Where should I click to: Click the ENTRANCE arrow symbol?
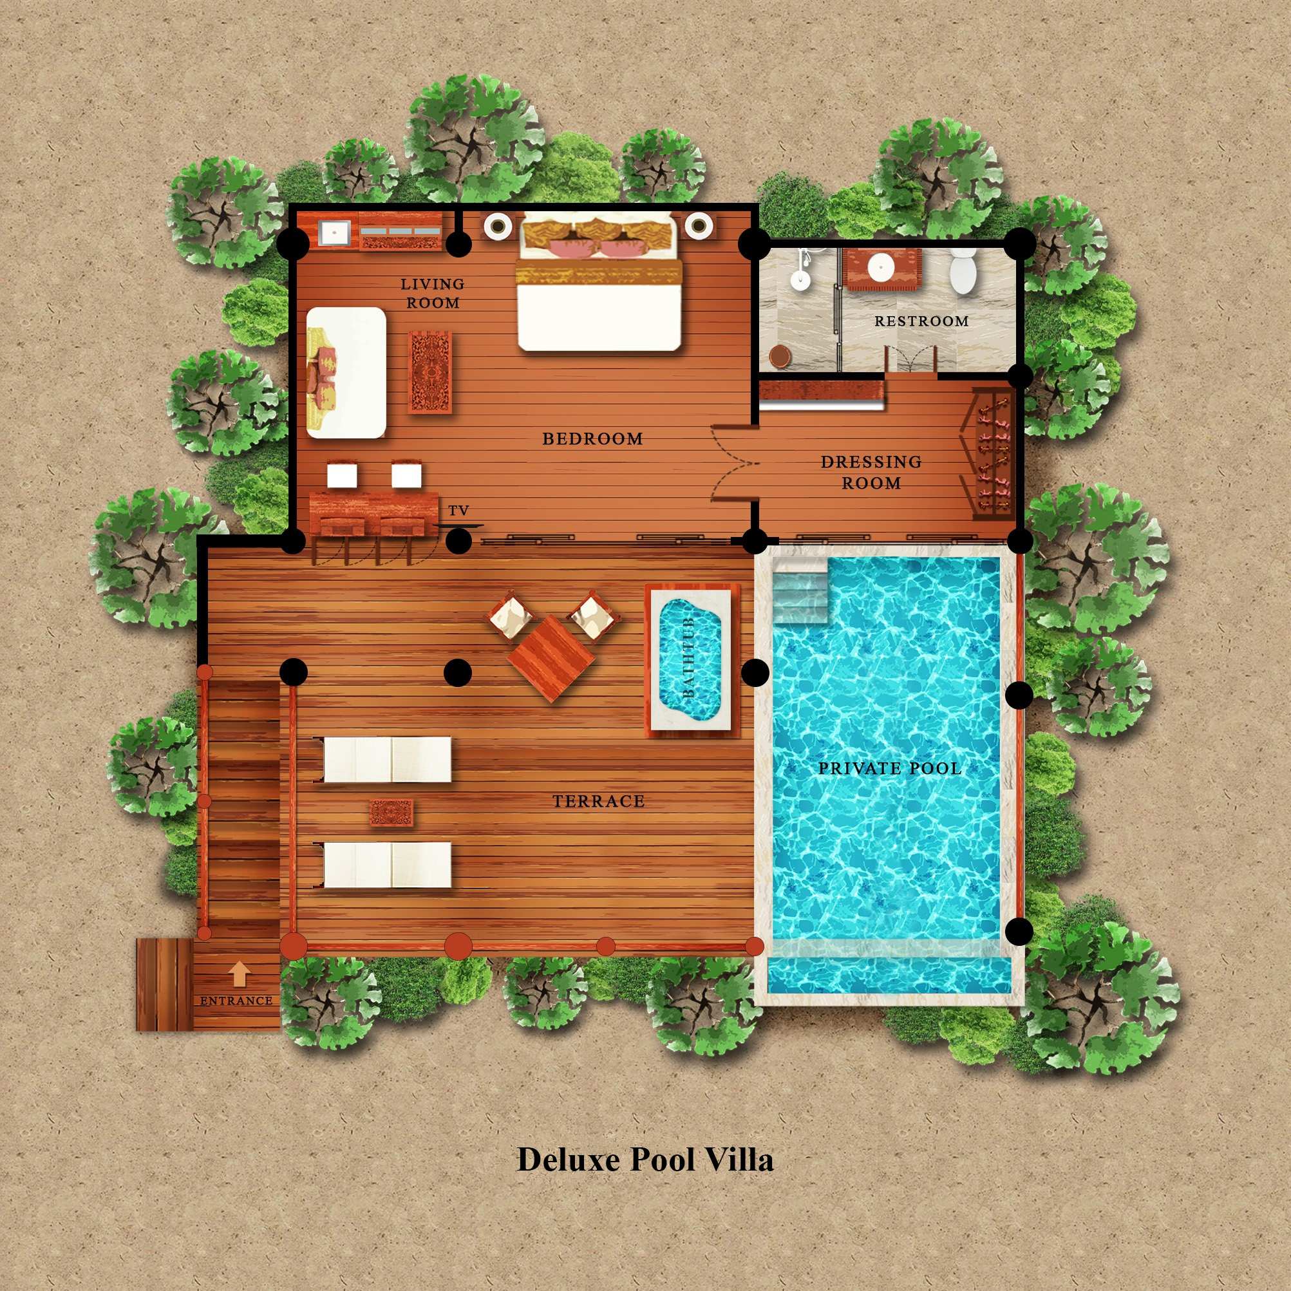point(240,974)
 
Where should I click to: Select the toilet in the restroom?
point(963,271)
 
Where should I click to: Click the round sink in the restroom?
point(881,268)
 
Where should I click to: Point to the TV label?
point(458,511)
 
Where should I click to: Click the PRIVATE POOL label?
point(890,768)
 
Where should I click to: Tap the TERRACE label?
point(599,801)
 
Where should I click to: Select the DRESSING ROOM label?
point(871,473)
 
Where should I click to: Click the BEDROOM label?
point(593,439)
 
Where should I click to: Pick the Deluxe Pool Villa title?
point(645,1160)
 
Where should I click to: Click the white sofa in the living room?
point(346,373)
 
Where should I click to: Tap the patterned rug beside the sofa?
point(429,373)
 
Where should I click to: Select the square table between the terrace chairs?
point(551,658)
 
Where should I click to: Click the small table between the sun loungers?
point(391,813)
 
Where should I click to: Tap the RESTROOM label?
point(922,321)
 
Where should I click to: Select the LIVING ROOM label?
point(433,294)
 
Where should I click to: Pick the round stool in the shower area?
point(779,357)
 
